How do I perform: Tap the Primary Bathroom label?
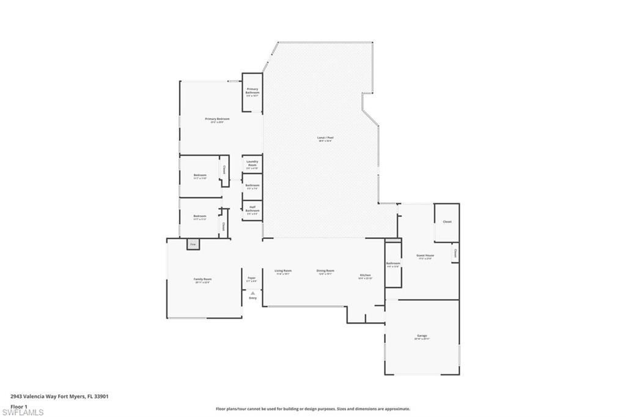click(252, 90)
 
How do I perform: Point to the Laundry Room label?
click(252, 163)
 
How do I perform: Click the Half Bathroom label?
click(252, 208)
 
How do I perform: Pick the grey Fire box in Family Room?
click(193, 244)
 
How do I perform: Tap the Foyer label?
click(251, 278)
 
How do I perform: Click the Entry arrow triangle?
click(252, 293)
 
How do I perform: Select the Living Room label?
click(283, 271)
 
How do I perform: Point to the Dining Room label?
click(325, 271)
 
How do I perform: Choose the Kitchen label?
click(365, 276)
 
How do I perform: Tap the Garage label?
click(422, 336)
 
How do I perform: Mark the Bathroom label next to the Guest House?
click(392, 264)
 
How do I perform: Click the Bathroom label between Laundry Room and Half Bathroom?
click(252, 185)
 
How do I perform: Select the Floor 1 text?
click(20, 406)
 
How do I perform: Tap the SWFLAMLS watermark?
click(22, 412)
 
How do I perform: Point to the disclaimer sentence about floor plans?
click(312, 409)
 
